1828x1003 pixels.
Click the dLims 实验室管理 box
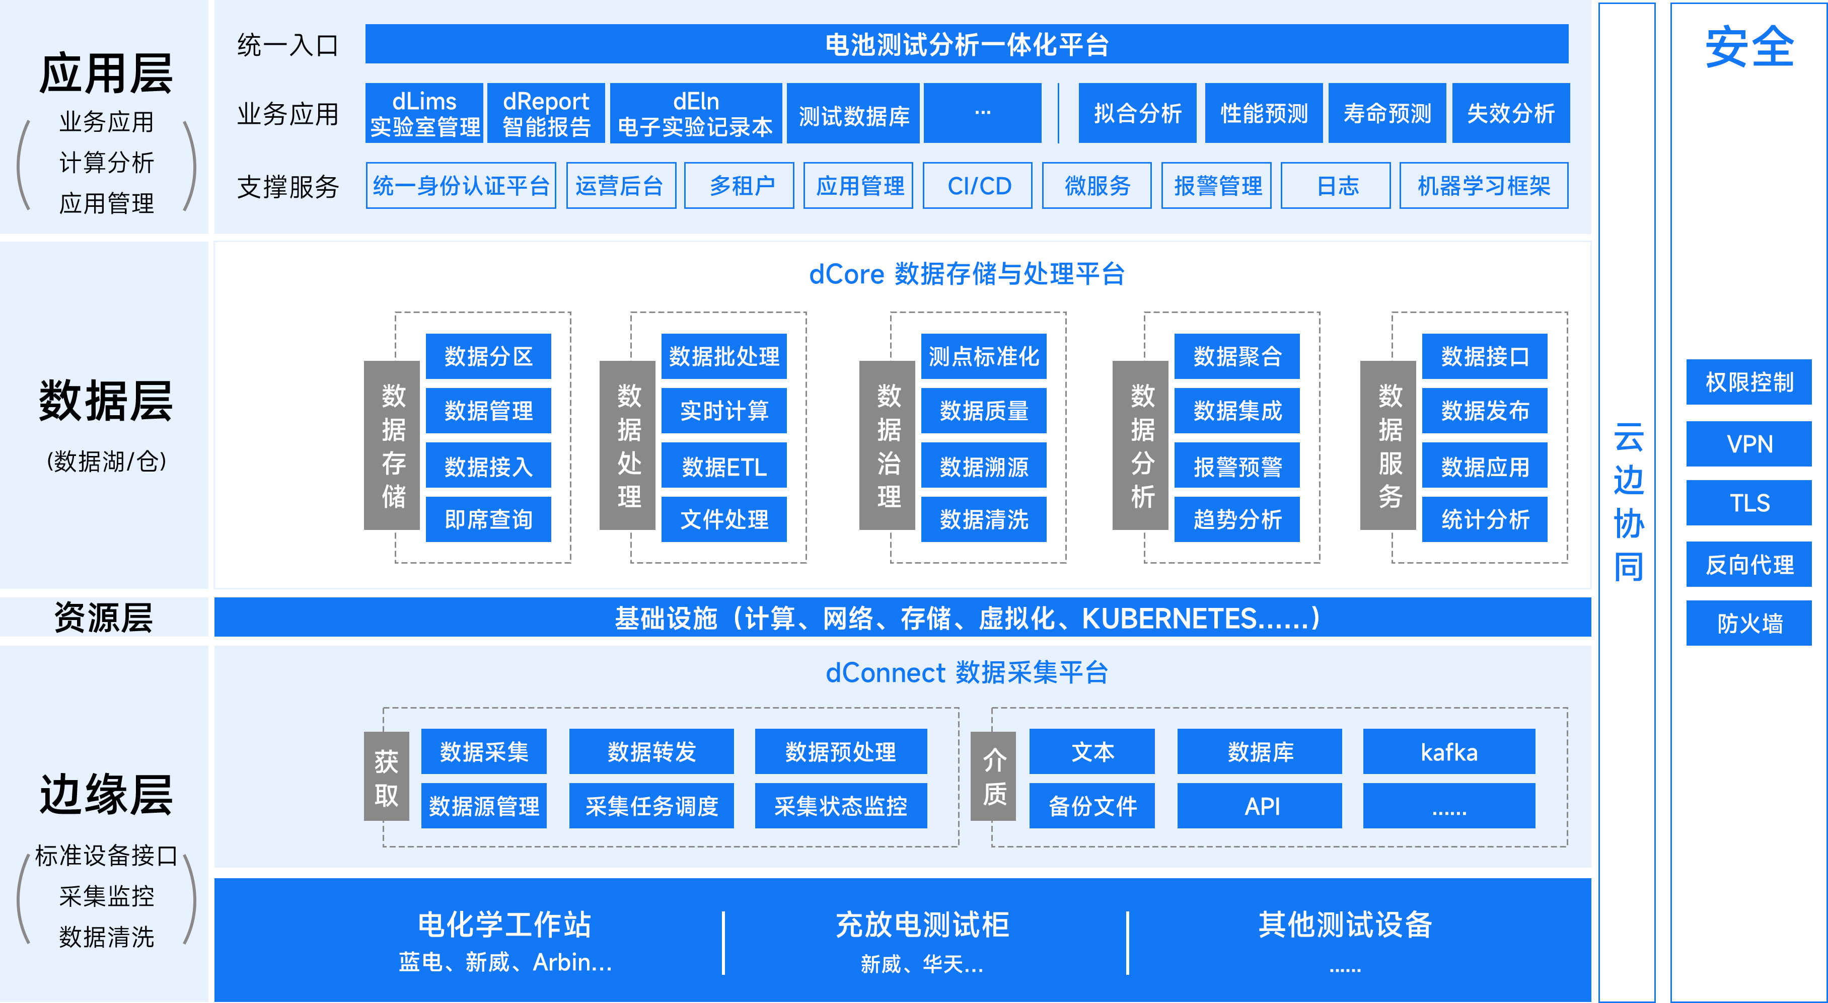click(424, 114)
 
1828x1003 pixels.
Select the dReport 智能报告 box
click(546, 114)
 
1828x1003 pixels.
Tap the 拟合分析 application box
click(1137, 114)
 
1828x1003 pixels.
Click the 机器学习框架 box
click(1483, 186)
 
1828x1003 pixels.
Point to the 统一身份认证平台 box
click(461, 186)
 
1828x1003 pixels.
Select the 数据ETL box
click(724, 466)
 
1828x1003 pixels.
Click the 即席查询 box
click(488, 519)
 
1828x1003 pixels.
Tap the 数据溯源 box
click(984, 466)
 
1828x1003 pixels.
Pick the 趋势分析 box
click(1237, 519)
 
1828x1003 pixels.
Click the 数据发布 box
click(1485, 411)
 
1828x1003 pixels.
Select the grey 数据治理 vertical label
click(888, 445)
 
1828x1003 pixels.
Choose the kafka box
click(1448, 752)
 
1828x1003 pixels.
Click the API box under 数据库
click(1260, 806)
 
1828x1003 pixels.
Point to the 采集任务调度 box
click(651, 806)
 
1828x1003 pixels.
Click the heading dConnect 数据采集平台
click(967, 672)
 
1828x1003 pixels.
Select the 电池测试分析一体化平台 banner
click(967, 45)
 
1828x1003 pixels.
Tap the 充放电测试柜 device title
click(922, 924)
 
